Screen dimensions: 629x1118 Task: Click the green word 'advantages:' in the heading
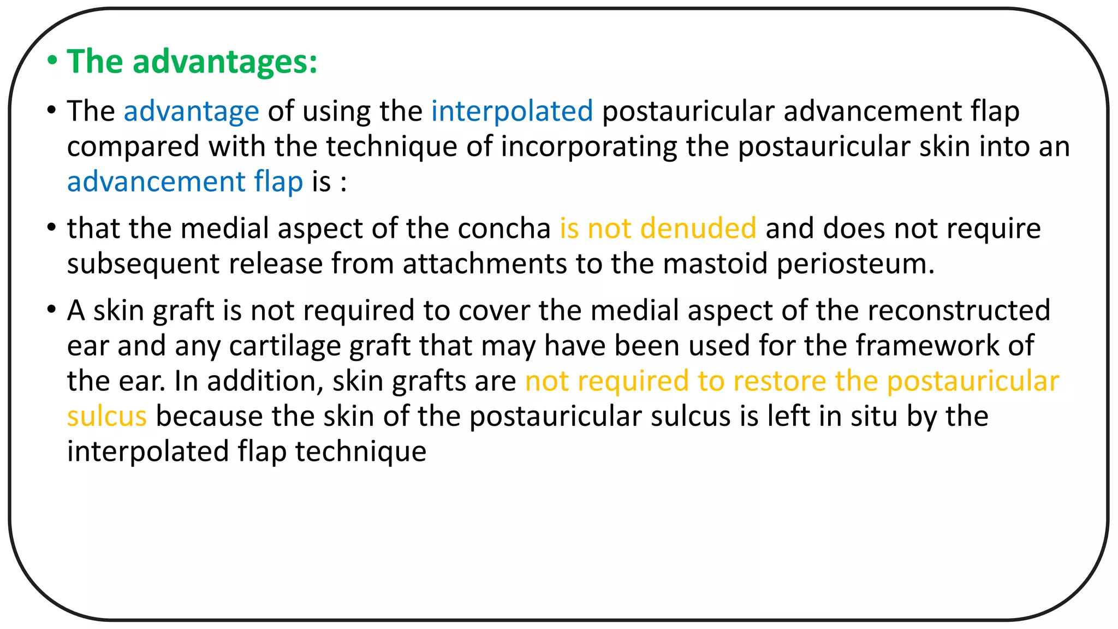(x=224, y=62)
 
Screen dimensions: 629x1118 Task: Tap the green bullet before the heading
(x=52, y=61)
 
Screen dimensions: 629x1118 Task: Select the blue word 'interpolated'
(x=512, y=111)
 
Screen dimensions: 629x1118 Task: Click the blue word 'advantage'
(x=191, y=112)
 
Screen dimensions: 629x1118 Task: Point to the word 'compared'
(x=133, y=147)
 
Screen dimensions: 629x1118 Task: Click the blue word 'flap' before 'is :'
(x=278, y=181)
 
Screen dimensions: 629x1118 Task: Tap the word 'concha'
(x=504, y=228)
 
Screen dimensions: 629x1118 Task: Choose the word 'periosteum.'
(x=855, y=264)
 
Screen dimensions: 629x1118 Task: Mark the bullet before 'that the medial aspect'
(x=52, y=228)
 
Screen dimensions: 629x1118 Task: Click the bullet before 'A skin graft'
(x=52, y=310)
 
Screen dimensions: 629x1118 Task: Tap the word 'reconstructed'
(x=959, y=310)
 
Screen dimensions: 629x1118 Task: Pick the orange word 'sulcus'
(x=107, y=416)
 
